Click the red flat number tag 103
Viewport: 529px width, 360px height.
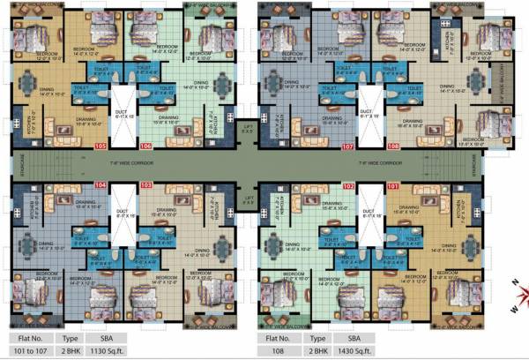(x=145, y=185)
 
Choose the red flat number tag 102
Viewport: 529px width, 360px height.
(x=347, y=186)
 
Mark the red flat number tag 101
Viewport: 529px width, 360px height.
(x=393, y=186)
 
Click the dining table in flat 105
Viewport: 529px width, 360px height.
(x=27, y=87)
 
